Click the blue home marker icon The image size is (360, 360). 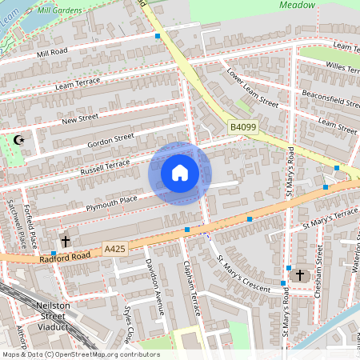point(180,173)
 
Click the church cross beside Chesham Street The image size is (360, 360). point(300,275)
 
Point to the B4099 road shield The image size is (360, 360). point(243,127)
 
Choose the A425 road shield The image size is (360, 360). point(115,250)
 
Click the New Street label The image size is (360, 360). point(79,119)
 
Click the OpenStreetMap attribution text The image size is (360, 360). point(80,354)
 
